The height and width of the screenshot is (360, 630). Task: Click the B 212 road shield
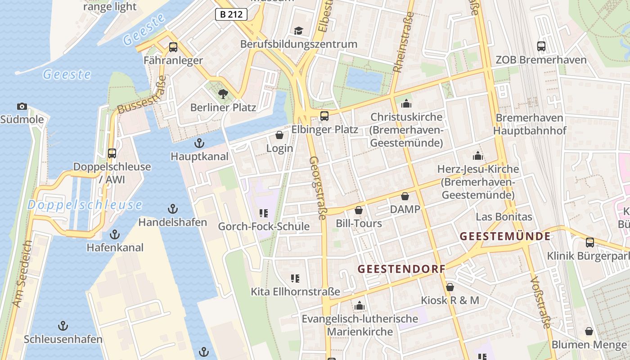coord(231,14)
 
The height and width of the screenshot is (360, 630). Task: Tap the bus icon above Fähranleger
coord(173,47)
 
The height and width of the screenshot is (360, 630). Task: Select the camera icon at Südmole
coord(22,107)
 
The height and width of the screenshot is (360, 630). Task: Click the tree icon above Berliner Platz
coord(223,94)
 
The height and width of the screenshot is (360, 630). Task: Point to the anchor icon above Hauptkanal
coord(199,143)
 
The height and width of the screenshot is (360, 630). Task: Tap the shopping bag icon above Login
coord(279,135)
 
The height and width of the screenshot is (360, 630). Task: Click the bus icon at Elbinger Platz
coord(324,116)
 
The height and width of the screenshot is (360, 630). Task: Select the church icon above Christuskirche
coord(406,103)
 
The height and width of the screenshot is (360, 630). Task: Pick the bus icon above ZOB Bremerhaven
coord(541,46)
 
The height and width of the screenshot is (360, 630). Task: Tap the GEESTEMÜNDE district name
coord(505,236)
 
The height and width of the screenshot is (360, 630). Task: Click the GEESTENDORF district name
coord(401,269)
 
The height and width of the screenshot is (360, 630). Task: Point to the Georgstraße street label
coord(317,188)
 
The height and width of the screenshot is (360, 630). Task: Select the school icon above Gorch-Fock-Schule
coord(264,213)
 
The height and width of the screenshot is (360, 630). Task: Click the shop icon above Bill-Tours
coord(359,210)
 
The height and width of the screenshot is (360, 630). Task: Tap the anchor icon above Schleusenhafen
coord(63,326)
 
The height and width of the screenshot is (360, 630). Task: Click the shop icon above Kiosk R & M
coord(450,287)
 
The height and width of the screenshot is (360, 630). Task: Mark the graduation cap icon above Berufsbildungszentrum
coord(298,31)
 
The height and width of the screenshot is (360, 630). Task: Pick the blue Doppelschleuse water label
coord(85,205)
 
